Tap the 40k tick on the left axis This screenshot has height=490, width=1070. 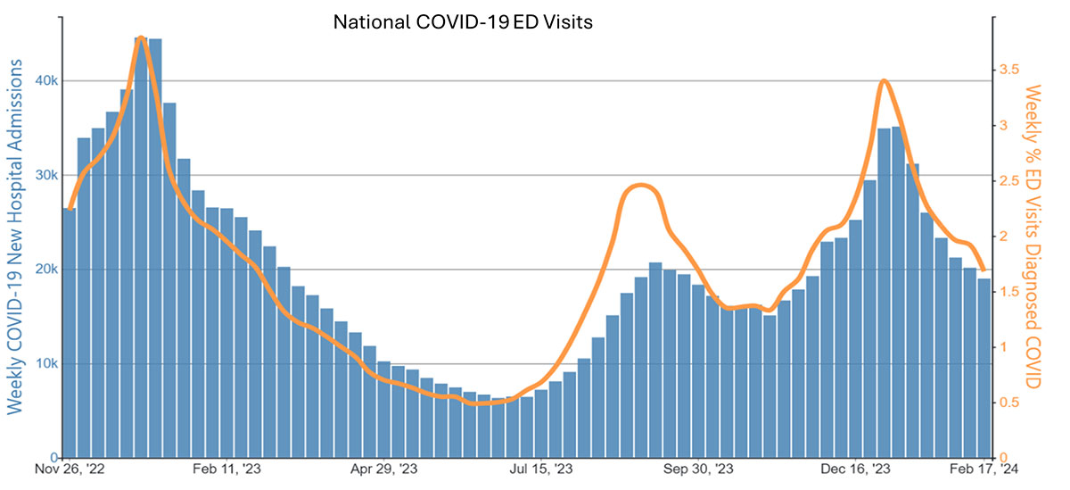pyautogui.click(x=45, y=81)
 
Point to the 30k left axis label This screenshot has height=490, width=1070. pyautogui.click(x=45, y=175)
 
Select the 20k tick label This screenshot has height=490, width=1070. pyautogui.click(x=45, y=270)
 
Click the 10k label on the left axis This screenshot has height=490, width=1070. pyautogui.click(x=45, y=364)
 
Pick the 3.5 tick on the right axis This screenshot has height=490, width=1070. pyautogui.click(x=1010, y=70)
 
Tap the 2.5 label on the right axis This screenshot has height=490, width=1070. pyautogui.click(x=1010, y=181)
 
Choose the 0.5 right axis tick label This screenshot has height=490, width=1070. pyautogui.click(x=1010, y=403)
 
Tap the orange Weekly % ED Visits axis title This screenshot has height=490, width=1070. pyautogui.click(x=1035, y=237)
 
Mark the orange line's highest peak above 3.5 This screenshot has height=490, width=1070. pyautogui.click(x=141, y=37)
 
